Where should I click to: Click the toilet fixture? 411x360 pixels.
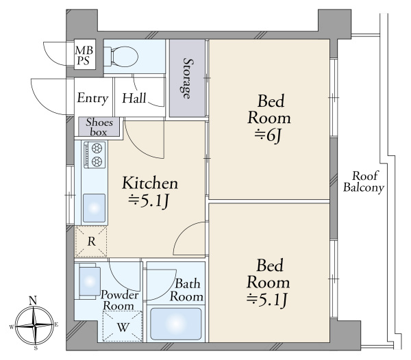(121, 57)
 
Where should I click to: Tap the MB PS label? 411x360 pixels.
(84, 55)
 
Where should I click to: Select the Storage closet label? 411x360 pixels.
(187, 78)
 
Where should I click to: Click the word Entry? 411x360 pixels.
(92, 98)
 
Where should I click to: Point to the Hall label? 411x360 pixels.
(134, 98)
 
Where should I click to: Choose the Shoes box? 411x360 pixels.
(99, 127)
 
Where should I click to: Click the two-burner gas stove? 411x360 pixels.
(95, 155)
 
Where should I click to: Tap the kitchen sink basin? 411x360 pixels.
(95, 208)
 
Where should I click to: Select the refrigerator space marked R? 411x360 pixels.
(91, 242)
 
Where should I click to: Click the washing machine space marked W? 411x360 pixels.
(123, 326)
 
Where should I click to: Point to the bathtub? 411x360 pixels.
(176, 324)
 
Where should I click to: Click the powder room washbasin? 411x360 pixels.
(90, 282)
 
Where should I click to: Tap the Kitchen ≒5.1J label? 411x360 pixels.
(150, 192)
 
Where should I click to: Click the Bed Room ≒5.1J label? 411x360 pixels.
(268, 283)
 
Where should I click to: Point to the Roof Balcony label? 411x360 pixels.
(364, 182)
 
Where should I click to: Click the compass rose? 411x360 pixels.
(35, 326)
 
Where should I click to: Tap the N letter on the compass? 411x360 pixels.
(33, 300)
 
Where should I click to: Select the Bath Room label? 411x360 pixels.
(186, 290)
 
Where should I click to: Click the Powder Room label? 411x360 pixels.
(119, 300)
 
